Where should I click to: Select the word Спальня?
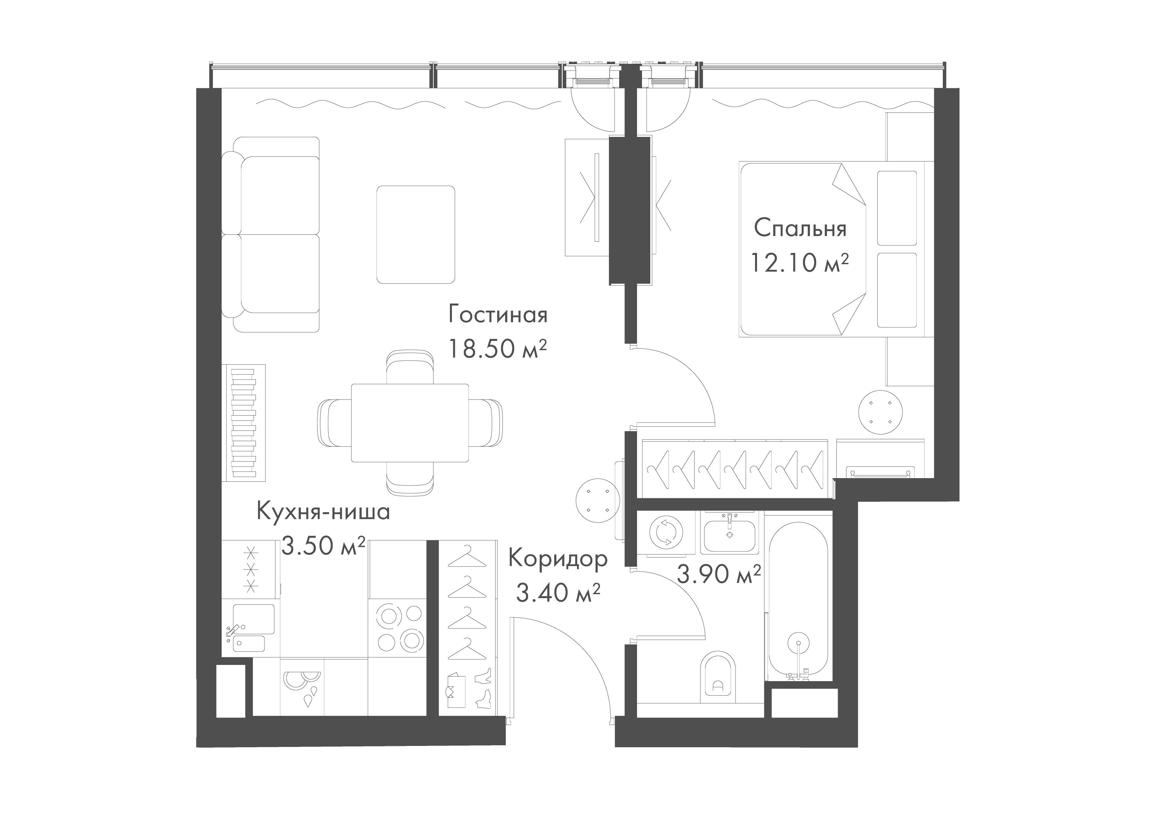pyautogui.click(x=800, y=229)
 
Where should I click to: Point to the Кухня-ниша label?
pyautogui.click(x=323, y=512)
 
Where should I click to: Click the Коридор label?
pyautogui.click(x=558, y=559)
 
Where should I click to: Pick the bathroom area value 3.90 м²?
pyautogui.click(x=718, y=574)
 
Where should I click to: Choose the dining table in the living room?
pyautogui.click(x=410, y=422)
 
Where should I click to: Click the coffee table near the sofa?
pyautogui.click(x=415, y=234)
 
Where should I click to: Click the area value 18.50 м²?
pyautogui.click(x=498, y=348)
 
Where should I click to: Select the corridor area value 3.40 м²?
pyautogui.click(x=558, y=592)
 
